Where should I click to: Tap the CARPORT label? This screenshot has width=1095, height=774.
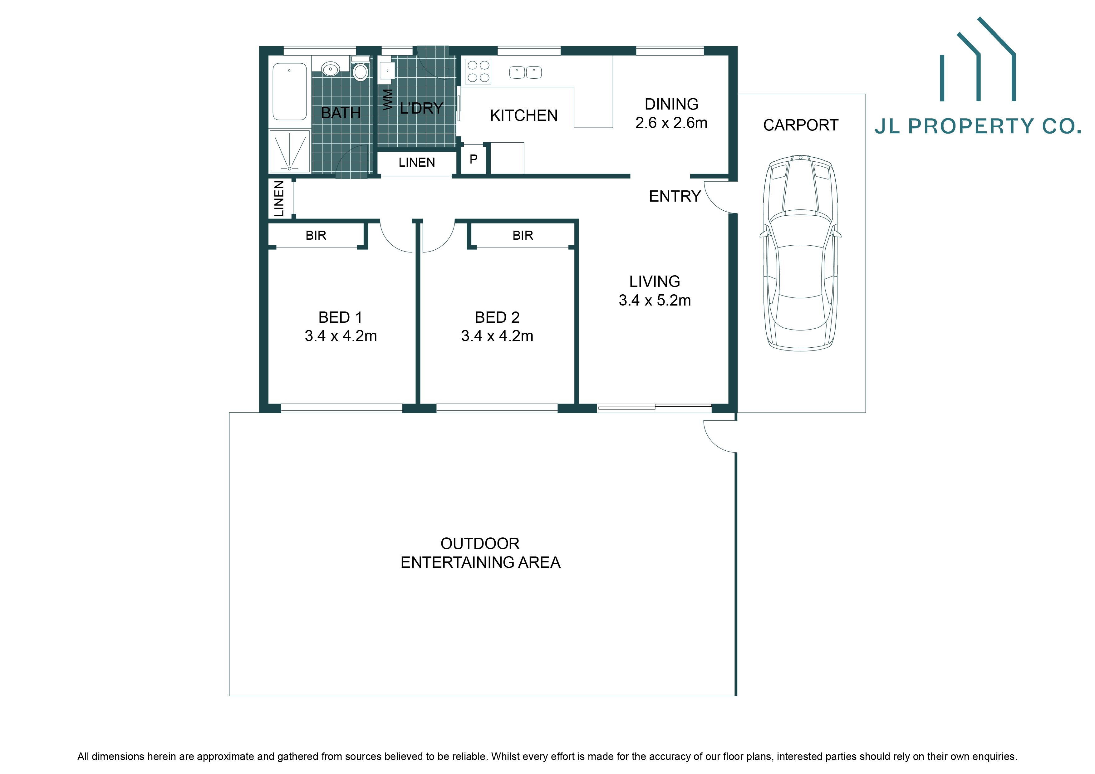(800, 125)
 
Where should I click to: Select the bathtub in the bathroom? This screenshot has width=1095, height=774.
(289, 91)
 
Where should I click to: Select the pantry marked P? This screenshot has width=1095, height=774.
(474, 159)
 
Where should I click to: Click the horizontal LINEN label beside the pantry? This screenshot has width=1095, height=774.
(416, 163)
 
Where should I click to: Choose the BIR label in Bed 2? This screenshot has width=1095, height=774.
(523, 236)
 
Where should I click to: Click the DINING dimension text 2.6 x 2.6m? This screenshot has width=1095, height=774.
(671, 123)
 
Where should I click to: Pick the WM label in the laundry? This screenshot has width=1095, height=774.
(388, 100)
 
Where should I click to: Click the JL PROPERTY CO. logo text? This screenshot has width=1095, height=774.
(977, 126)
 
